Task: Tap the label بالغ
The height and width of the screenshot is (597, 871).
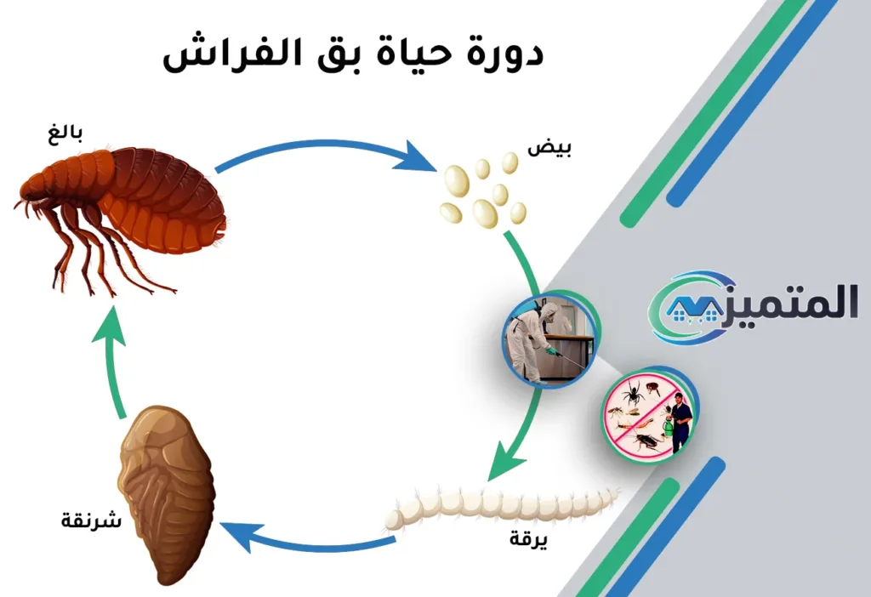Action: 65,134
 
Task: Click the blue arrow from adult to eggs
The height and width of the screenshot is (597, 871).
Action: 323,153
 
